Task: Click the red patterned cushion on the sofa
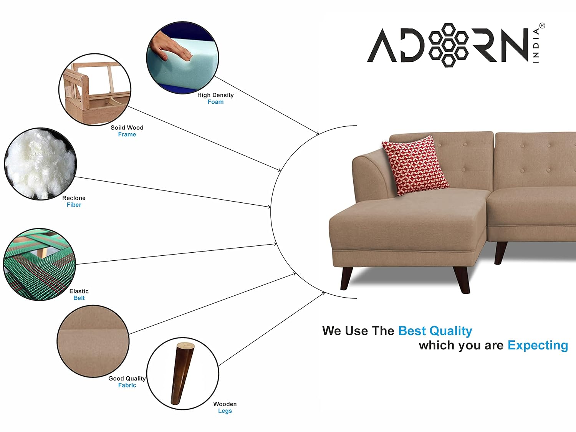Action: point(415,166)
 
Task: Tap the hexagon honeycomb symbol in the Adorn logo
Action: point(448,45)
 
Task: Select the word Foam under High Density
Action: point(215,102)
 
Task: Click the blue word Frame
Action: point(127,134)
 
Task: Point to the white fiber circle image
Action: point(40,164)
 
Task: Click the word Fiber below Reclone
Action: point(74,205)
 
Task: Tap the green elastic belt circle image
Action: point(40,265)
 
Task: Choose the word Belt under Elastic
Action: point(79,298)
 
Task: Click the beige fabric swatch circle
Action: point(93,341)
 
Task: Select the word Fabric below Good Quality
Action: point(127,385)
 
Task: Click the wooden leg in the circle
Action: point(182,374)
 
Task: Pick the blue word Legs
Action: point(225,411)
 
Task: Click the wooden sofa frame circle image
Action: point(95,89)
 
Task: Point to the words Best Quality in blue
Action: point(435,331)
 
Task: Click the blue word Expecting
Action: point(538,346)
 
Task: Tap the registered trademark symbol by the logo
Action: point(542,26)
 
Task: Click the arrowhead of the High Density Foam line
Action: point(317,133)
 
